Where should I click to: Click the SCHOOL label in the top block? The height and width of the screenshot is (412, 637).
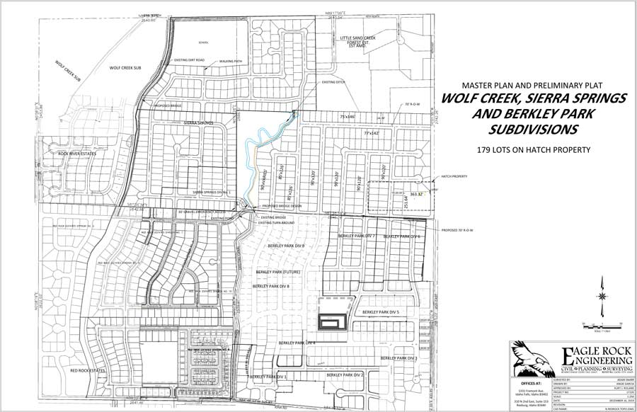pos(203,42)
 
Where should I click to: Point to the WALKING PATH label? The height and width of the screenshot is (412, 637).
pos(231,62)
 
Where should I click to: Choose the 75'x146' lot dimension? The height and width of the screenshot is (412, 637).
pos(349,115)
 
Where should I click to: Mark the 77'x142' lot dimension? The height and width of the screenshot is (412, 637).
pos(372,132)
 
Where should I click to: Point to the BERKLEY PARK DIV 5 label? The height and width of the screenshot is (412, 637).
pos(381,311)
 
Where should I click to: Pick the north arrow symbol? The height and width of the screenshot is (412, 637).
pos(601,297)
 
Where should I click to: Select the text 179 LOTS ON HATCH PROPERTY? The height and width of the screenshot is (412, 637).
pos(524,149)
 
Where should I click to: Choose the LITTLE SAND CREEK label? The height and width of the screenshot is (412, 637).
pos(357,38)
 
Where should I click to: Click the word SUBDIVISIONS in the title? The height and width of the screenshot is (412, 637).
pos(532,130)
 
